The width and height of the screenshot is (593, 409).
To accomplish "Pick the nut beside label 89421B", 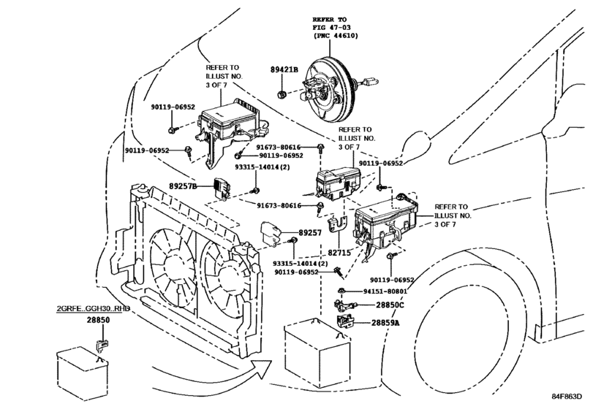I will click(282, 94).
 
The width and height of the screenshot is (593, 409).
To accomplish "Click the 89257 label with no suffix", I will click(319, 232).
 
